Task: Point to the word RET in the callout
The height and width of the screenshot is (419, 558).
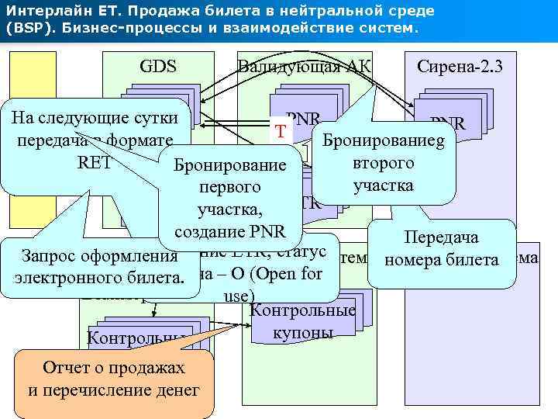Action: coord(95,164)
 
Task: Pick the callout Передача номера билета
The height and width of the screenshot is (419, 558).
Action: coord(442,248)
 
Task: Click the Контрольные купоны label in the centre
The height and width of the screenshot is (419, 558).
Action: coord(303,322)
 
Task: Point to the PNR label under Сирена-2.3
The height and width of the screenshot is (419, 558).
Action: coord(447,123)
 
